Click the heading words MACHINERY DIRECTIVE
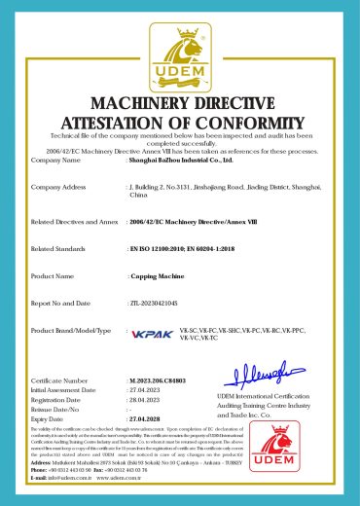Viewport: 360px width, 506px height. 180,104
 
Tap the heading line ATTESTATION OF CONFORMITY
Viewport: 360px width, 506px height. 180,123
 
